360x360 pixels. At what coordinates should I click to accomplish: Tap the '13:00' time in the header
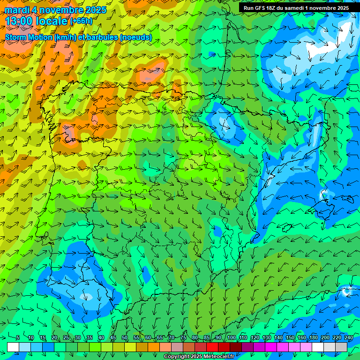(x=18, y=21)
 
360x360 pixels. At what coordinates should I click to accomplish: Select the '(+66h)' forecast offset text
(x=81, y=21)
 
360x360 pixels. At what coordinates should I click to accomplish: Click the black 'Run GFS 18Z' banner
(x=296, y=8)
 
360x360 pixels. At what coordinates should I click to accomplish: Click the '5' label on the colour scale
(x=18, y=337)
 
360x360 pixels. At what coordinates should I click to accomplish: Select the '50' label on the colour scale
(x=125, y=337)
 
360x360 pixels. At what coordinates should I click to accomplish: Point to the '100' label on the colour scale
(x=231, y=337)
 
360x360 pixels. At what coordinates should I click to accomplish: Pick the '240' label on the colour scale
(x=348, y=337)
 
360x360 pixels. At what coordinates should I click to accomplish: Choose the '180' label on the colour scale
(x=313, y=337)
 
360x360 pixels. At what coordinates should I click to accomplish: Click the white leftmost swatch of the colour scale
(x=13, y=347)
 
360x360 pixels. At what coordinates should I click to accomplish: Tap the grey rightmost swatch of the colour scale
(x=341, y=347)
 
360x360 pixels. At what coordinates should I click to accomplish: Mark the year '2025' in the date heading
(x=93, y=10)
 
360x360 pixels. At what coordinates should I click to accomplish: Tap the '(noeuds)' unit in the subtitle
(x=136, y=37)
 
